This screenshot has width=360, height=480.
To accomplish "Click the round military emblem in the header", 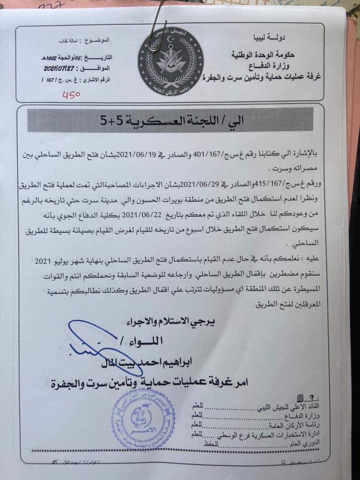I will click(x=170, y=61).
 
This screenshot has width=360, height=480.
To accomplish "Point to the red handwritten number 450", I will click(x=71, y=94).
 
